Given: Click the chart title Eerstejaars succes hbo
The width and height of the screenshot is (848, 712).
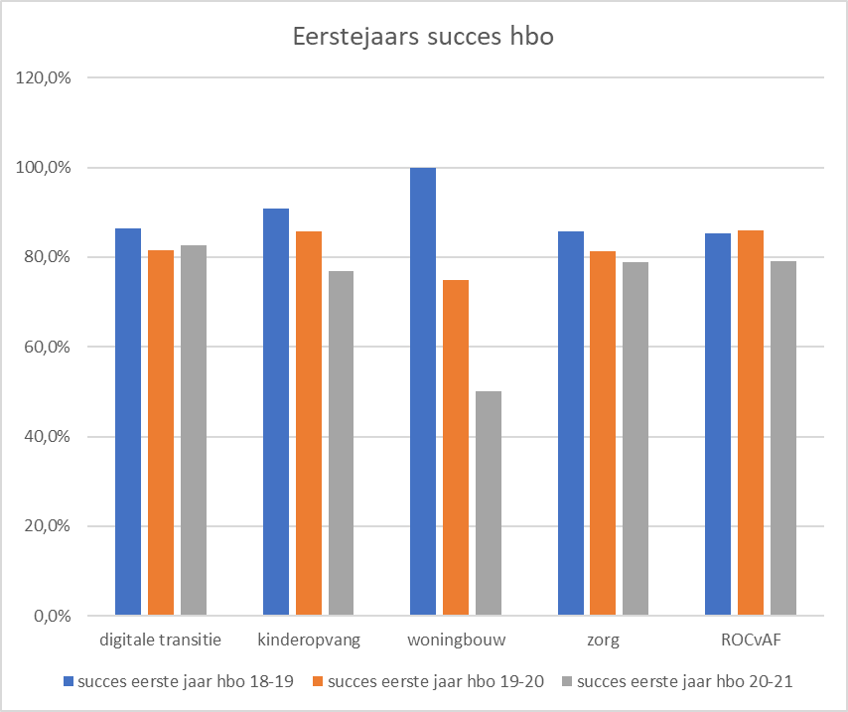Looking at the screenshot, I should pyautogui.click(x=424, y=37).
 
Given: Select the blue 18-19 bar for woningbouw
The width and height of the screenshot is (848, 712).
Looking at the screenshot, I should pyautogui.click(x=423, y=392).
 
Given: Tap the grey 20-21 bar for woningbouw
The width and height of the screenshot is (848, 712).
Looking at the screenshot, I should pyautogui.click(x=489, y=503).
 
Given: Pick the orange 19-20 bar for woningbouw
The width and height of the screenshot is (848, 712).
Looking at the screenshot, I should pyautogui.click(x=456, y=448).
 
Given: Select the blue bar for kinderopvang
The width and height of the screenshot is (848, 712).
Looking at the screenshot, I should pyautogui.click(x=276, y=412).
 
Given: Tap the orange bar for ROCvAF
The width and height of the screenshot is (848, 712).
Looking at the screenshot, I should pyautogui.click(x=751, y=423).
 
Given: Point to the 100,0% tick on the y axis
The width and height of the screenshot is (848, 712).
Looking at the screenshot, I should pyautogui.click(x=43, y=168).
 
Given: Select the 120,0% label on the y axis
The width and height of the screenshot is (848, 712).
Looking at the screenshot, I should pyautogui.click(x=43, y=78).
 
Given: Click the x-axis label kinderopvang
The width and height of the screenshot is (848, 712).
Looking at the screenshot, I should pyautogui.click(x=309, y=641).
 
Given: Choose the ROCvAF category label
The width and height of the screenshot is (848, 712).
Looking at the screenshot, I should pyautogui.click(x=751, y=641).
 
